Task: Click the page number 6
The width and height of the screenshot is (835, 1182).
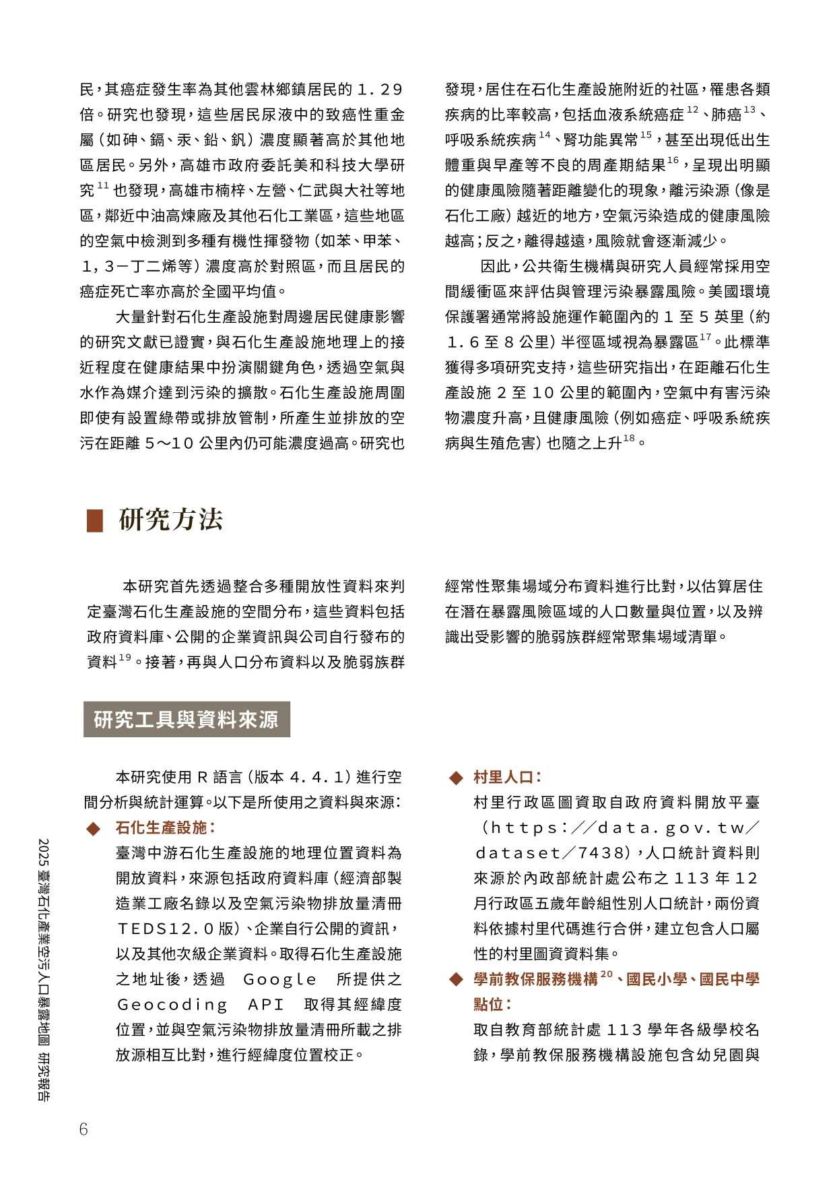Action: coord(83,1129)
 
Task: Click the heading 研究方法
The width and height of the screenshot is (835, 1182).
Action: coord(170,520)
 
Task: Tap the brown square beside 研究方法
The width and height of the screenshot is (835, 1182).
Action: coord(95,520)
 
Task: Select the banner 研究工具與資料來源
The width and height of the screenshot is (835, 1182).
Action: coord(186,720)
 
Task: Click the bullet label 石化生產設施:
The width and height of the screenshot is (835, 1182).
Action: coord(166,828)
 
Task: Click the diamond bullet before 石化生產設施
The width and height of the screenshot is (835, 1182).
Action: coord(93,828)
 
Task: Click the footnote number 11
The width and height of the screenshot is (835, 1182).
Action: coord(103,186)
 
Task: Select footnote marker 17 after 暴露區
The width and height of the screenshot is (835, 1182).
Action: coord(705,337)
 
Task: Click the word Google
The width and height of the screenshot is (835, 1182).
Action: coord(279,979)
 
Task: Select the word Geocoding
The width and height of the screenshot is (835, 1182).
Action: coord(173,1005)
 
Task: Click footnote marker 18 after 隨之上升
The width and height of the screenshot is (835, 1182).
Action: coord(629,439)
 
